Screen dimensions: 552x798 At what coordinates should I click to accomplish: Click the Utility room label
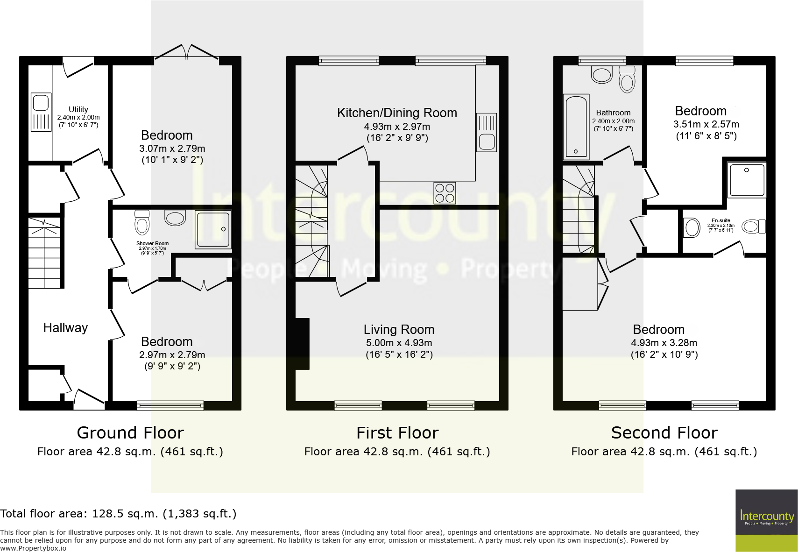pyautogui.click(x=78, y=109)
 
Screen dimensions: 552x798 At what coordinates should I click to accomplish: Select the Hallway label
pyautogui.click(x=65, y=328)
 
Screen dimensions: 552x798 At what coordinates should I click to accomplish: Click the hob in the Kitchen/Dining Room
pyautogui.click(x=445, y=193)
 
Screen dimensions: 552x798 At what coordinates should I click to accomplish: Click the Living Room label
pyautogui.click(x=399, y=330)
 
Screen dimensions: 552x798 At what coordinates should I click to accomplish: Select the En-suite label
pyautogui.click(x=720, y=220)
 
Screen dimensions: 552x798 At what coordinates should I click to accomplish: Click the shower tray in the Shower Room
pyautogui.click(x=213, y=230)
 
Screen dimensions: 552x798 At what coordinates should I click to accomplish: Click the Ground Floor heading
pyautogui.click(x=130, y=433)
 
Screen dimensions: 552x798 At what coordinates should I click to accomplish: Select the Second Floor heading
pyautogui.click(x=664, y=433)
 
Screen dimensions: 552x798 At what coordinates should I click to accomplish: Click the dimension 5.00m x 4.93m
pyautogui.click(x=399, y=343)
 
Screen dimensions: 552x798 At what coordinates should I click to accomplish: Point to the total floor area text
pyautogui.click(x=118, y=514)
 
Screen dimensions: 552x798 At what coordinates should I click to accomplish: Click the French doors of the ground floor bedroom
pyautogui.click(x=186, y=52)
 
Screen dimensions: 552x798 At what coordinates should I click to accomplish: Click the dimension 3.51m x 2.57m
pyautogui.click(x=706, y=124)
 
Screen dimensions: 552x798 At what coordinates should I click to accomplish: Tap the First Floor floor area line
pyautogui.click(x=397, y=452)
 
